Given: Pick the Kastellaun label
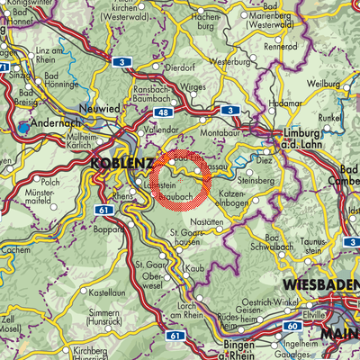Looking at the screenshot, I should click(x=107, y=292).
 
